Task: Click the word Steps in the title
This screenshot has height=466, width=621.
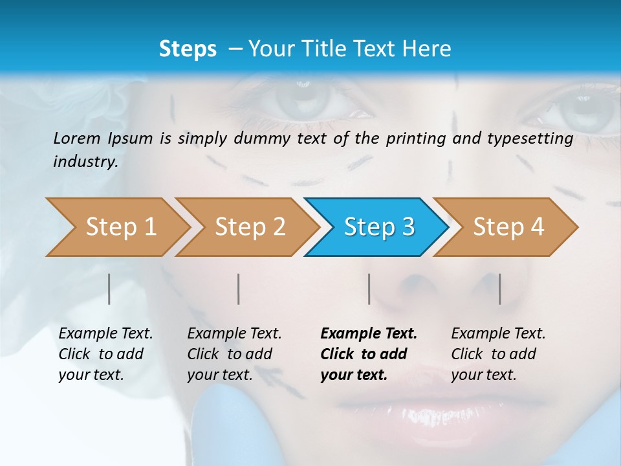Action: (x=188, y=49)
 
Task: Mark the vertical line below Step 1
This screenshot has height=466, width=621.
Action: (x=109, y=289)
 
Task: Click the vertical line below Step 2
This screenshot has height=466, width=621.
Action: (x=239, y=289)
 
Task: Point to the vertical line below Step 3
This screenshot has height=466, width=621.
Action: (x=369, y=289)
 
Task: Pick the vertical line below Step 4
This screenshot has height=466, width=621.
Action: (x=499, y=289)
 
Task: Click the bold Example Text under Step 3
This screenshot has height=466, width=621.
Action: (x=369, y=334)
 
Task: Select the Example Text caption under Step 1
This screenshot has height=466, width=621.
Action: (x=105, y=334)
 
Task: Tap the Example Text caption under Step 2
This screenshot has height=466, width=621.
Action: (x=234, y=334)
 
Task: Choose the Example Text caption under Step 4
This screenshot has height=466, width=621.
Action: (x=498, y=334)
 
